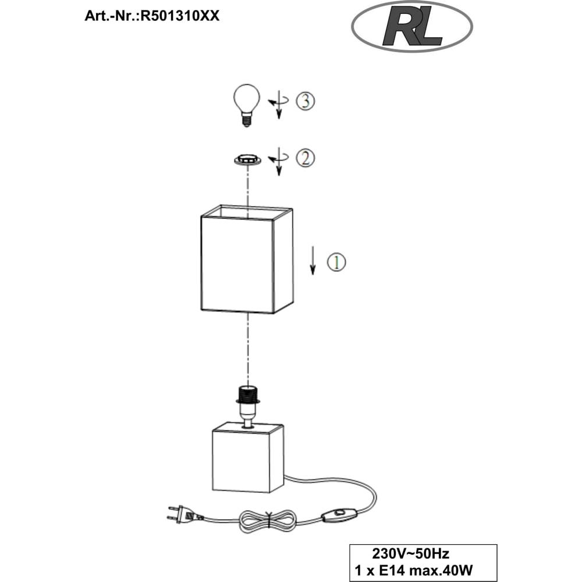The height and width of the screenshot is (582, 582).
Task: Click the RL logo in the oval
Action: tap(411, 27)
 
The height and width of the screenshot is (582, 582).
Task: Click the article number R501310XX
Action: tap(180, 16)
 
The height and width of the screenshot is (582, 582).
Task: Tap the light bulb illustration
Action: tap(246, 105)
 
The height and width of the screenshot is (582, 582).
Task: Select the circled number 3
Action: tap(305, 101)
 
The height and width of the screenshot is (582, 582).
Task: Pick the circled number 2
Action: tap(305, 158)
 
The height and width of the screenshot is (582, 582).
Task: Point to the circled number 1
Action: tap(336, 262)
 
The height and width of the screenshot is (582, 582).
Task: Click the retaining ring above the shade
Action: tap(247, 159)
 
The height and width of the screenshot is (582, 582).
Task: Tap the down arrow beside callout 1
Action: tap(313, 260)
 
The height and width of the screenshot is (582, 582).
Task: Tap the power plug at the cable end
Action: tap(185, 514)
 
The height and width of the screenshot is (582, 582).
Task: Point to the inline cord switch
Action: tap(340, 514)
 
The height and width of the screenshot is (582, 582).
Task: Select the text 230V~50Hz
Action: tap(410, 554)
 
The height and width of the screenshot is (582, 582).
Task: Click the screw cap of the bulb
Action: tap(246, 120)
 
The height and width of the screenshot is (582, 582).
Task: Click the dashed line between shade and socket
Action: tap(247, 349)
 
